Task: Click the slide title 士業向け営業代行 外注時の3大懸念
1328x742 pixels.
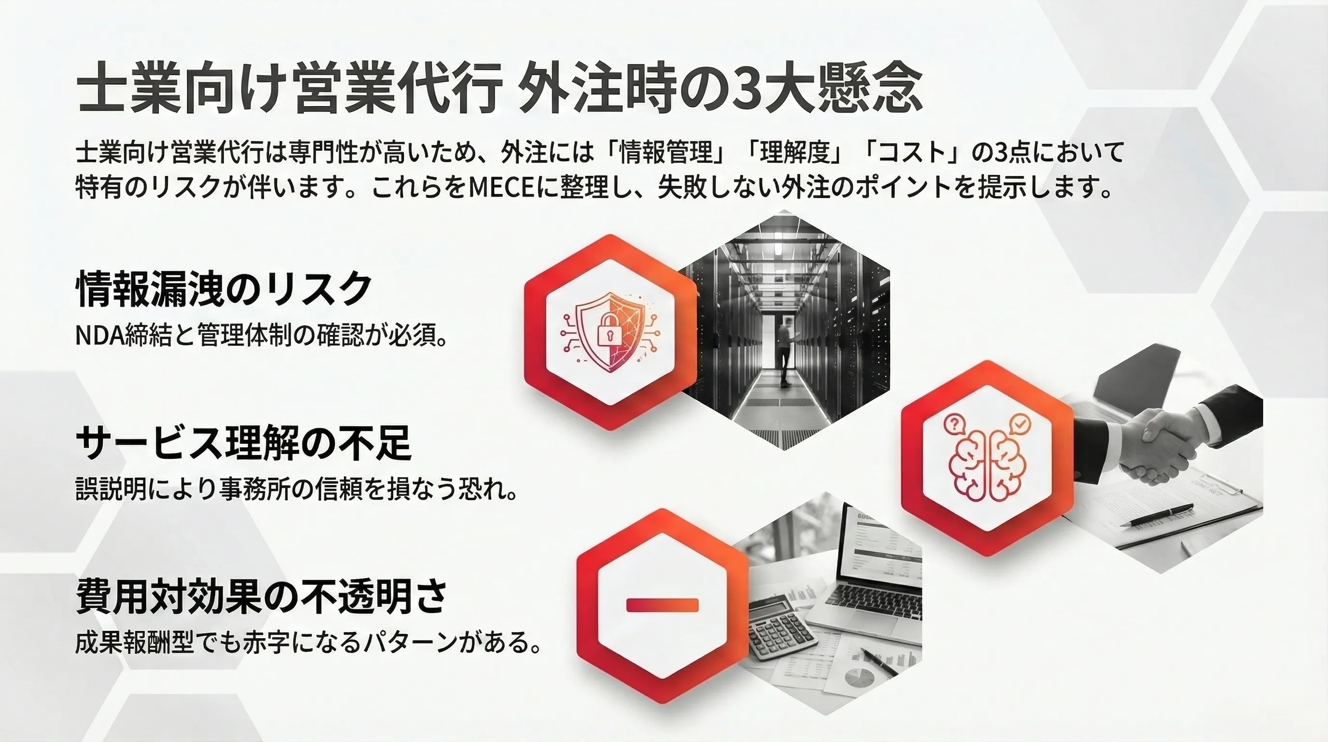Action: (x=499, y=94)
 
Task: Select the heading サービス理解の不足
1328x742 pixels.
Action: (x=244, y=442)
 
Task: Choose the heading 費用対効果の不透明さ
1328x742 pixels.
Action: (x=262, y=596)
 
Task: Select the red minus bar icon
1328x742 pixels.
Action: (x=663, y=605)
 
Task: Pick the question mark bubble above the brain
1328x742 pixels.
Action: (x=954, y=424)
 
